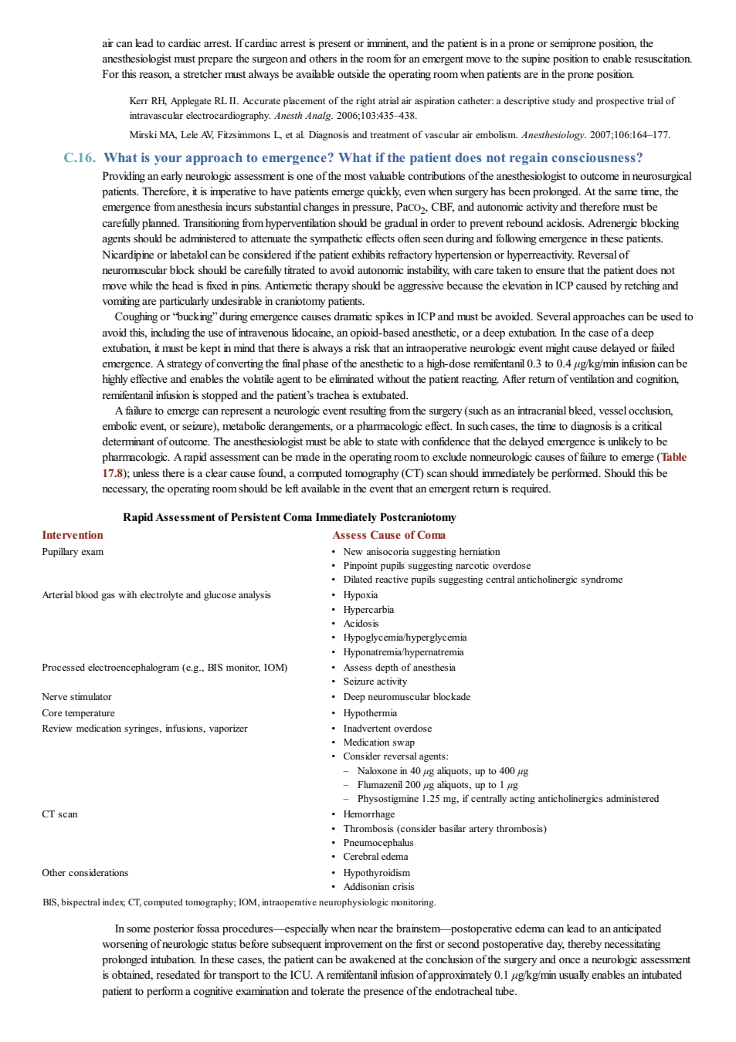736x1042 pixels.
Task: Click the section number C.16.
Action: coord(80,157)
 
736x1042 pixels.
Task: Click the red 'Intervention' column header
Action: coord(72,535)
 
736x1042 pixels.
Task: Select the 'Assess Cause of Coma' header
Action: coord(388,535)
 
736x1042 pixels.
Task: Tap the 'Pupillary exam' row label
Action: coord(73,552)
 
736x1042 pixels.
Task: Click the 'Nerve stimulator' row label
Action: coord(76,697)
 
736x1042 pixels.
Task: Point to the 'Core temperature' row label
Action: coord(78,712)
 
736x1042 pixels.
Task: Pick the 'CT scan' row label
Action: coord(59,814)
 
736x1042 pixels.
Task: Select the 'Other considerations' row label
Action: coord(85,873)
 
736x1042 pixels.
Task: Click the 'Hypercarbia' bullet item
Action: coord(368,610)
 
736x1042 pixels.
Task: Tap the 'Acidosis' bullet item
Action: coord(361,624)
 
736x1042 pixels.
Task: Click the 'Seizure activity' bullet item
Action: coord(375,682)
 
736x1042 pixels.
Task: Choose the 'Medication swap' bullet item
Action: coord(379,743)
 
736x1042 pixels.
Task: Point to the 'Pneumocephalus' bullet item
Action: coord(378,842)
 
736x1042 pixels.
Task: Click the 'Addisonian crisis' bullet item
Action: coord(379,887)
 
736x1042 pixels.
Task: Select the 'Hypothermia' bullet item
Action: coord(370,712)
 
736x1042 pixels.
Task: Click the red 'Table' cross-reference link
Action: coord(673,457)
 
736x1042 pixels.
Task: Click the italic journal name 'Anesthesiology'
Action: coord(552,135)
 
